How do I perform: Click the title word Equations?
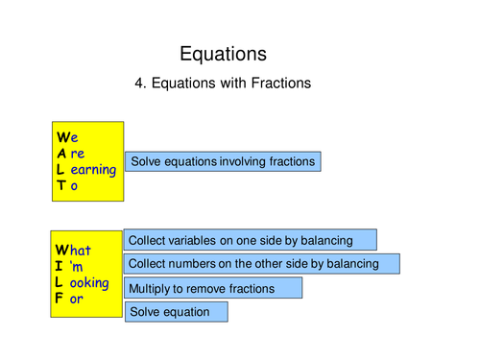point(224,54)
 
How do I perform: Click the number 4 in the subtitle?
point(140,84)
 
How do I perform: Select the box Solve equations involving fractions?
point(223,161)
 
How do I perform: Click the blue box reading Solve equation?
point(176,312)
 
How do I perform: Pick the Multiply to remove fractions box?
point(213,288)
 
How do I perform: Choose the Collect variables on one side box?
point(250,240)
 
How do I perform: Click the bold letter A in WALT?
point(61,154)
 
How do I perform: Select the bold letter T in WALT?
point(61,186)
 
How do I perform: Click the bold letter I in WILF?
point(60,267)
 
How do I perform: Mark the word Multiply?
point(152,288)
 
